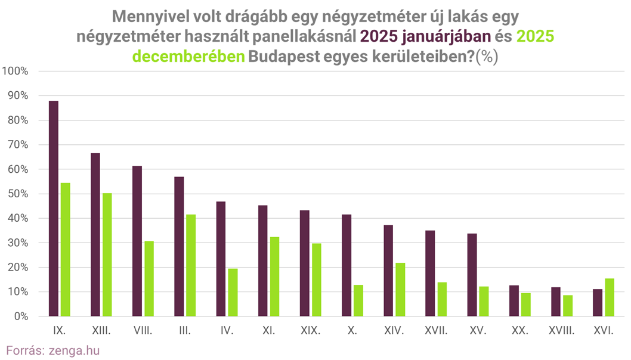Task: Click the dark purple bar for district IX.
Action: (x=54, y=209)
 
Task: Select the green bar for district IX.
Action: (x=66, y=249)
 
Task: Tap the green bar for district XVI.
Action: (x=609, y=297)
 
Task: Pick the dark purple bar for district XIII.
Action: (x=95, y=235)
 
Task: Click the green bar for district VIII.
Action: (x=149, y=278)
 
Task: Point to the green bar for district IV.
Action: (x=233, y=292)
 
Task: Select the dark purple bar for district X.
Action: (x=347, y=265)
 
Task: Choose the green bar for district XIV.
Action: (x=400, y=290)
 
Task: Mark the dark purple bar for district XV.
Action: (x=472, y=275)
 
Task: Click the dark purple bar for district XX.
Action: (x=514, y=301)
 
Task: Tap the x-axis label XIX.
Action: (x=310, y=330)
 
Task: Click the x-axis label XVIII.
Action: (x=561, y=330)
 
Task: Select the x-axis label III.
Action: (x=185, y=330)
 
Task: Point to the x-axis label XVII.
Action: (x=436, y=330)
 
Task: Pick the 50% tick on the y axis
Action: (x=18, y=194)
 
